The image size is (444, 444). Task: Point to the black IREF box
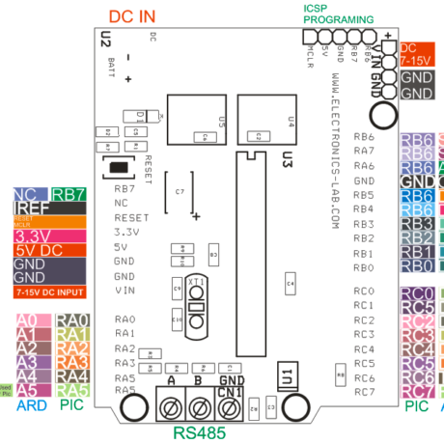click(28, 208)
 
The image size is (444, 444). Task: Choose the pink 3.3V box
click(41, 234)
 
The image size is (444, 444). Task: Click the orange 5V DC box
click(41, 248)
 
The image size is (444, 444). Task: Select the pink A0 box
click(28, 319)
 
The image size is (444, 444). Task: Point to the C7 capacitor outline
click(180, 193)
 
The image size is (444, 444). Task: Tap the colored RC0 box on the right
click(416, 293)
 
